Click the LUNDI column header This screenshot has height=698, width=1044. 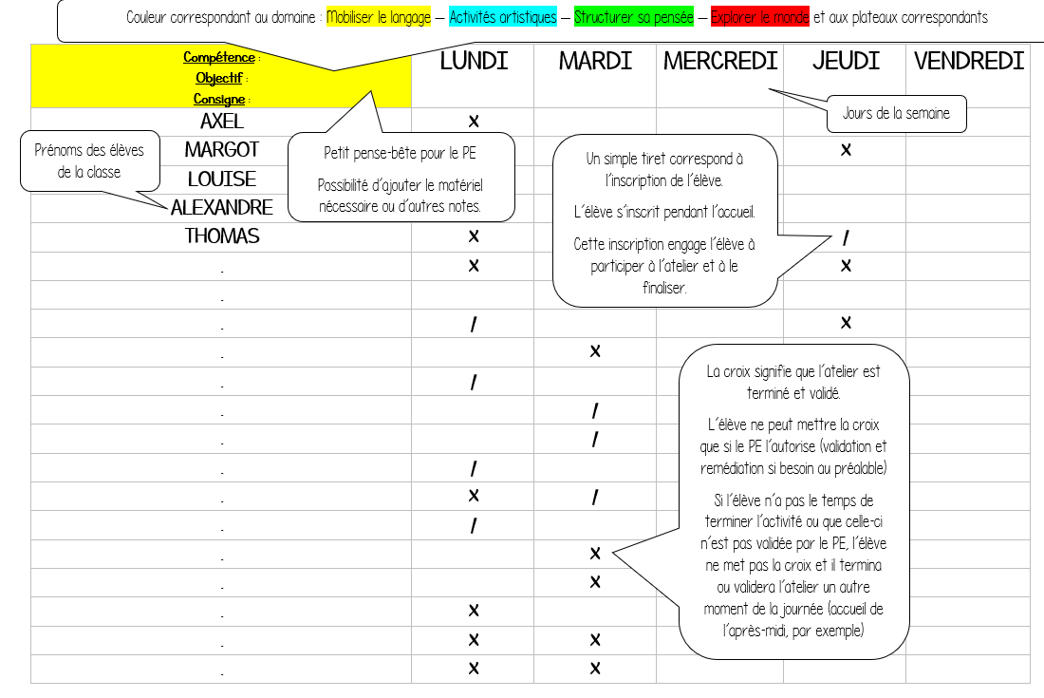474,62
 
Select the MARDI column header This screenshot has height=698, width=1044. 595,62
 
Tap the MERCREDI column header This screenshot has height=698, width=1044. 720,62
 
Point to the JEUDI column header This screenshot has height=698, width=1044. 846,62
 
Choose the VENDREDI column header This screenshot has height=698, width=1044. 969,62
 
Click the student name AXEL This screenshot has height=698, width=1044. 222,122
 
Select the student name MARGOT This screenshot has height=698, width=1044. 222,150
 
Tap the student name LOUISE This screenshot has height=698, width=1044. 222,179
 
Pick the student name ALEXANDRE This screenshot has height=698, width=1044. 222,208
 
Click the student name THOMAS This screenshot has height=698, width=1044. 222,236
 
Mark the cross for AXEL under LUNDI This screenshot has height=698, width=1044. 474,122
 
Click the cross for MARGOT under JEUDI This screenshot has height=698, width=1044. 846,150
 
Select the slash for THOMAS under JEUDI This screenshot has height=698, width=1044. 846,237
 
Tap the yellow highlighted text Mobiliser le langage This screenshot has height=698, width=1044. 378,17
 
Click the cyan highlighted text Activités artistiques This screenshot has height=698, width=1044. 503,17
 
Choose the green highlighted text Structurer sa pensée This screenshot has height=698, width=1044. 633,17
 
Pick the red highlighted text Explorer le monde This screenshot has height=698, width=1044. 759,17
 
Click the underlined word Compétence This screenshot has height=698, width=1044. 219,57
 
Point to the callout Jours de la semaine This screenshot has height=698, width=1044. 896,114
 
